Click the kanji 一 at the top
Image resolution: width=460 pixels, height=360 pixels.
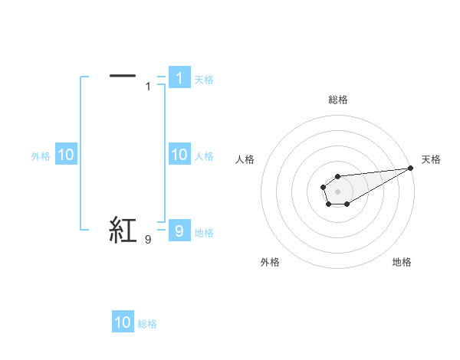tap(123, 75)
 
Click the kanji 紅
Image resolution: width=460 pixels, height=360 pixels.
tap(123, 230)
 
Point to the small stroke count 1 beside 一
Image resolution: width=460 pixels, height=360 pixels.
tap(148, 86)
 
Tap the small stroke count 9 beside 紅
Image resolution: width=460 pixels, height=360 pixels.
tap(148, 240)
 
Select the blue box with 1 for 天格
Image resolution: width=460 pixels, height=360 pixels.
tap(179, 77)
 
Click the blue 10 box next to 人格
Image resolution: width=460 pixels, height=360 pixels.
tap(179, 155)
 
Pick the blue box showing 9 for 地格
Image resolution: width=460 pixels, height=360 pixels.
tap(179, 231)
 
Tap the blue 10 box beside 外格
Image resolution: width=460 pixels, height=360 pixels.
tap(65, 155)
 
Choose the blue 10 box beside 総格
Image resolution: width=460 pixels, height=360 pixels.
tap(123, 322)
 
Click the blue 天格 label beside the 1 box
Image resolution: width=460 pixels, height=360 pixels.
tap(204, 79)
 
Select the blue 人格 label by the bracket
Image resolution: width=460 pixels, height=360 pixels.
tap(204, 156)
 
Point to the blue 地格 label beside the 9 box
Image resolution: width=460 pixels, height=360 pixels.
tap(204, 232)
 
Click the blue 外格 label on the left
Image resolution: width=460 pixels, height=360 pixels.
tap(41, 156)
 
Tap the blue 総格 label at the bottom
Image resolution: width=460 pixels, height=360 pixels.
tap(147, 324)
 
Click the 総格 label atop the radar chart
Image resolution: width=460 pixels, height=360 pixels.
tap(337, 100)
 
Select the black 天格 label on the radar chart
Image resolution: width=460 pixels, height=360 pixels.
tap(431, 159)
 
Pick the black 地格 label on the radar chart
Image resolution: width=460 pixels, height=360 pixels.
tap(402, 262)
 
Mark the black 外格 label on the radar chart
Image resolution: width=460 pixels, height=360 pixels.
tap(270, 262)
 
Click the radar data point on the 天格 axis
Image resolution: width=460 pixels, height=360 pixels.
tap(410, 168)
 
